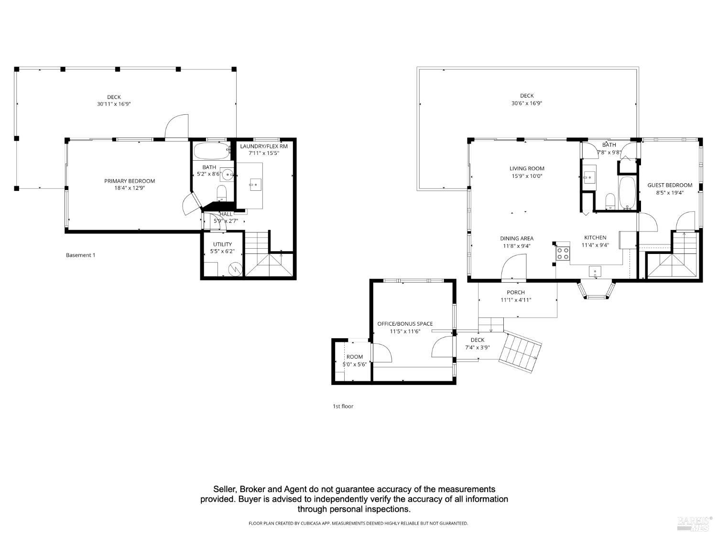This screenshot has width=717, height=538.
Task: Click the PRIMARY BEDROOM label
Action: (x=130, y=181)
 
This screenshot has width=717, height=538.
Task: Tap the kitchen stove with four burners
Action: (x=563, y=253)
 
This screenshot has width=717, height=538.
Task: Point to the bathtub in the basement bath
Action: (x=211, y=152)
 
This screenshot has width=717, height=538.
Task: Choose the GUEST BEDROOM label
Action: (x=669, y=185)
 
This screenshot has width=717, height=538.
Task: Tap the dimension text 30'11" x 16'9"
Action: (x=114, y=103)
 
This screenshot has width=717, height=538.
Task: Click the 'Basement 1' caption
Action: (x=80, y=255)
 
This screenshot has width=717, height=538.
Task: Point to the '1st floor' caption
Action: (x=343, y=406)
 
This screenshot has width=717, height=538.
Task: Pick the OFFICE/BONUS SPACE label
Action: (x=405, y=324)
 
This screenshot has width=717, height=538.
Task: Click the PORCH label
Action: (x=515, y=292)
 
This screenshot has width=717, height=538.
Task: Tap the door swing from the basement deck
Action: (x=177, y=126)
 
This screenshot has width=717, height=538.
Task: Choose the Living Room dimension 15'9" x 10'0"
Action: (x=526, y=176)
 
